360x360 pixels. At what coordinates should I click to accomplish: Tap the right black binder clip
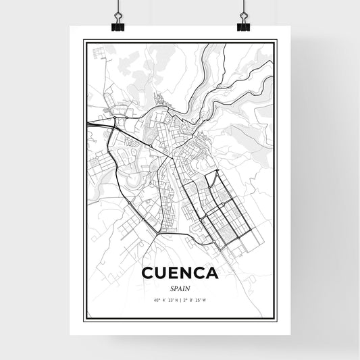[x=242, y=24]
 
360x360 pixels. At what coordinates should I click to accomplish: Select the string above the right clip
[x=242, y=7]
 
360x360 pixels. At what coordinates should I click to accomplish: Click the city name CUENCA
[x=180, y=274]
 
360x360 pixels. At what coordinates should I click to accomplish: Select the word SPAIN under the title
[x=180, y=288]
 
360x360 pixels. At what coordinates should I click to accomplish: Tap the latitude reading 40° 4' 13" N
[x=165, y=300]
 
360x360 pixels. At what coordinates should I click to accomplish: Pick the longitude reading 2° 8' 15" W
[x=197, y=300]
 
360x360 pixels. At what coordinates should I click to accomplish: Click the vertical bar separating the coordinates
[x=180, y=300]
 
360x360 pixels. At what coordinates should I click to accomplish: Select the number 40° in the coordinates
[x=156, y=300]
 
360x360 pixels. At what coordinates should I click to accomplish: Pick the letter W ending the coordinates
[x=205, y=300]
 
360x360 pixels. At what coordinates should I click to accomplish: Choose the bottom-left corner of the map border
[x=84, y=319]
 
